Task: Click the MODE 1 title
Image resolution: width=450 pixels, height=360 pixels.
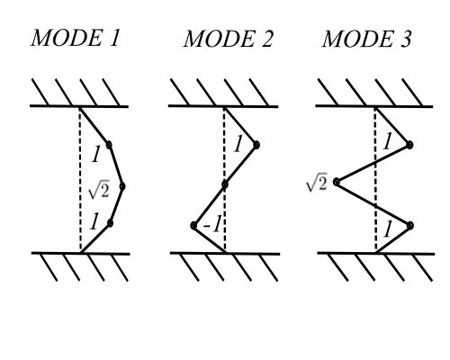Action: (76, 38)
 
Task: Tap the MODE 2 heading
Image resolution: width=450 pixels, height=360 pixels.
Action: (228, 39)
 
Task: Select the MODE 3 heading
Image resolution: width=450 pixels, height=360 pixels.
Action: (366, 39)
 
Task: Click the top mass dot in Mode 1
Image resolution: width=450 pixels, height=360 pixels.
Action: (109, 145)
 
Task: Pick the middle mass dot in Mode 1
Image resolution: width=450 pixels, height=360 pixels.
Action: (122, 186)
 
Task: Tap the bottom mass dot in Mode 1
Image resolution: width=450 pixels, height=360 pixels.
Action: (110, 223)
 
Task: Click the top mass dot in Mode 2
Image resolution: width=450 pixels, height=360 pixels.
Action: (256, 145)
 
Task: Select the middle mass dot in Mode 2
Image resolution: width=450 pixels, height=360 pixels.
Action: (225, 184)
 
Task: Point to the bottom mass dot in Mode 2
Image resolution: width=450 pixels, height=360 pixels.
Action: (193, 225)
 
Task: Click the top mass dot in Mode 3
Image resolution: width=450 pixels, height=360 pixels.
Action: (409, 145)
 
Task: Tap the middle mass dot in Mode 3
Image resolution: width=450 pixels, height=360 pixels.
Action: (337, 182)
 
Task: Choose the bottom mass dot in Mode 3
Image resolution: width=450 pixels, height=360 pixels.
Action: (410, 225)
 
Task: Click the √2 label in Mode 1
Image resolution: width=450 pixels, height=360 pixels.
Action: (98, 191)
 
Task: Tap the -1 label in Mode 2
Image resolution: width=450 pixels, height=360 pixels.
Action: (212, 225)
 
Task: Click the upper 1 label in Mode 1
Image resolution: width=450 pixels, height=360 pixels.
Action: (95, 155)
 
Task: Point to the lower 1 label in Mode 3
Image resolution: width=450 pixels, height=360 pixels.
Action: (387, 229)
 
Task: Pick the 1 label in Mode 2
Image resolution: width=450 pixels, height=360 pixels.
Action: (238, 144)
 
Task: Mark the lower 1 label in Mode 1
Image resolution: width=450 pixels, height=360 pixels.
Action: (94, 221)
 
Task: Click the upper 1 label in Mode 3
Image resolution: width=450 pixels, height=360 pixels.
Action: (387, 141)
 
